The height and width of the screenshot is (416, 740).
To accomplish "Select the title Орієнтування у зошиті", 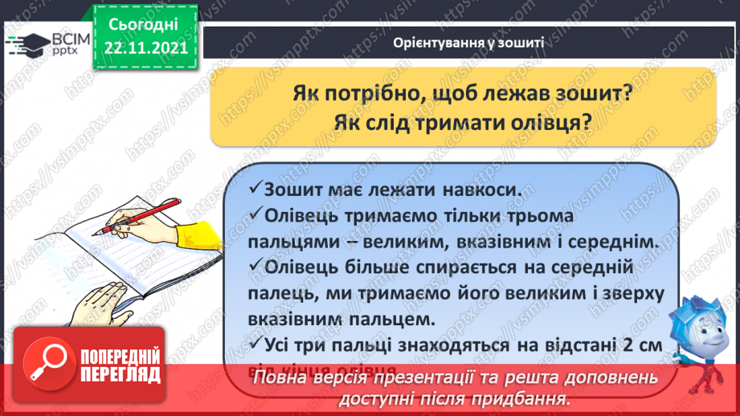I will tap(470, 44).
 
